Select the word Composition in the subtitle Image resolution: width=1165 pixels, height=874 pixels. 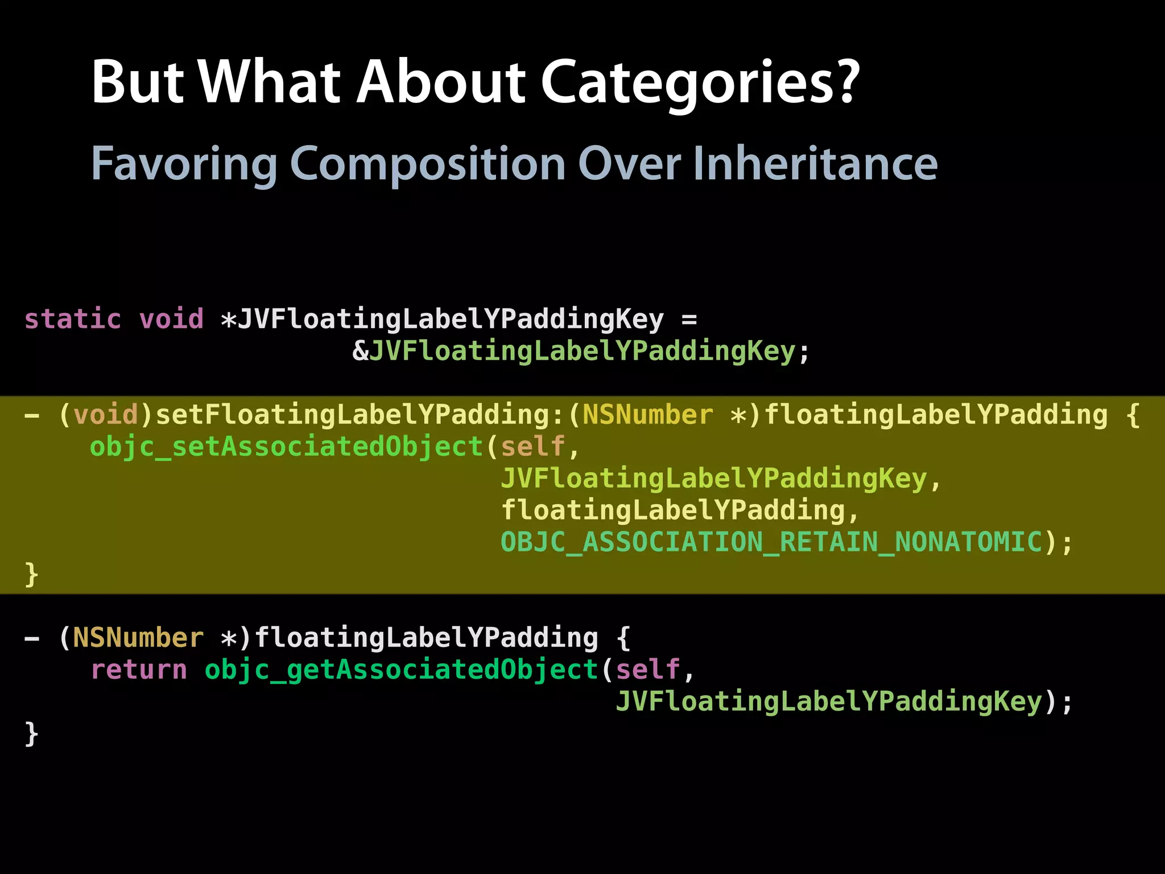pos(427,164)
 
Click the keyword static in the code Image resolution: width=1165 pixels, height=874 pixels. pos(73,319)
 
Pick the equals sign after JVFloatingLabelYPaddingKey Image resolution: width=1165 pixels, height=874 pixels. pos(689,319)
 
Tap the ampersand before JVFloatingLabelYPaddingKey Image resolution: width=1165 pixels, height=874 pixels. pos(361,351)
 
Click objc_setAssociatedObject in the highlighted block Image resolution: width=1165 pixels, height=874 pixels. pos(286,447)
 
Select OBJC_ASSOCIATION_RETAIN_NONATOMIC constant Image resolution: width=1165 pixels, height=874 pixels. pos(772,542)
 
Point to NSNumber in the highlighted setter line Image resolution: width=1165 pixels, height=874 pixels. pos(647,415)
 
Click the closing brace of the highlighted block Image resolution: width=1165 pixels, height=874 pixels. pos(32,574)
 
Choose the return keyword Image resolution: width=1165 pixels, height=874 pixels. pos(139,670)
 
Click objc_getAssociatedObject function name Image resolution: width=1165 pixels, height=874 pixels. pos(401,670)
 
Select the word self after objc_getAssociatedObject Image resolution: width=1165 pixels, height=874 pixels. pos(648,670)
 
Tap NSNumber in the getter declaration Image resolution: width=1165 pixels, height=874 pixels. pos(138,638)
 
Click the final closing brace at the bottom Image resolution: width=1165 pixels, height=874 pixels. pos(32,733)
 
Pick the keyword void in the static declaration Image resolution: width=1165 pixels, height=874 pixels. pos(171,319)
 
